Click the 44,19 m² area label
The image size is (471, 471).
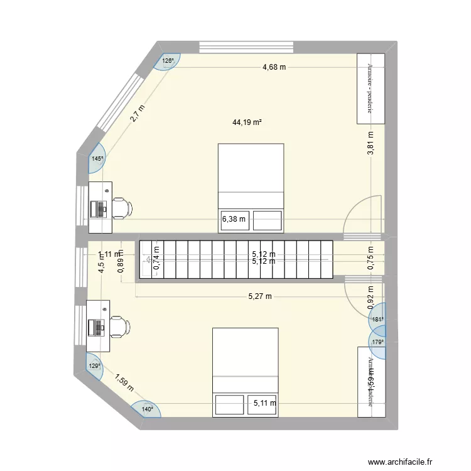(247, 123)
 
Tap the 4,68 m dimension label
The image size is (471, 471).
(274, 67)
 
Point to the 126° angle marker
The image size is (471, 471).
(168, 61)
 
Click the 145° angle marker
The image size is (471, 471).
(97, 159)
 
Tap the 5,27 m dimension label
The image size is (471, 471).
(259, 296)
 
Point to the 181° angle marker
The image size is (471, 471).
(377, 319)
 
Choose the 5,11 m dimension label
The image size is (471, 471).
(264, 403)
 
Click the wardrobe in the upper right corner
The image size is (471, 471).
(369, 89)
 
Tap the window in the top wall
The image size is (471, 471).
(246, 47)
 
